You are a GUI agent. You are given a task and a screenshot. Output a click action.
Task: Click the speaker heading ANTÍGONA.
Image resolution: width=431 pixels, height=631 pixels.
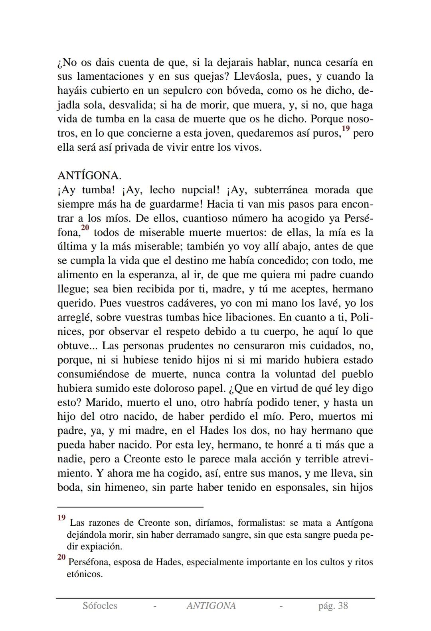[x=89, y=176]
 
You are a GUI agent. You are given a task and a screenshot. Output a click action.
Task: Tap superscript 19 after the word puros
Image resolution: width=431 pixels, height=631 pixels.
[x=346, y=128]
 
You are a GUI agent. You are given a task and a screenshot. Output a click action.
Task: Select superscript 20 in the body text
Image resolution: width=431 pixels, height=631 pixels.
[x=85, y=228]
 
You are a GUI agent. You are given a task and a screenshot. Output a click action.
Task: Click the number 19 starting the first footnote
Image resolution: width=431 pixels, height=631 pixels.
[x=61, y=518]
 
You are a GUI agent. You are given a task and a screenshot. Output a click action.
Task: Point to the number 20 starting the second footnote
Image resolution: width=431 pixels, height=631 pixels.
[x=61, y=557]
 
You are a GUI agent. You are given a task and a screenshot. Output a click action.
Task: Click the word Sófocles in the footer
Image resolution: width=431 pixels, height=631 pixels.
[x=100, y=606]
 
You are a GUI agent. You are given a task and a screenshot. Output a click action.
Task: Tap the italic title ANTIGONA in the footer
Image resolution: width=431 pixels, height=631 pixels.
[x=211, y=606]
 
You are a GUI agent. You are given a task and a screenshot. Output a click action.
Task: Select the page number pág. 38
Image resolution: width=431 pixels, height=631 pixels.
[x=333, y=606]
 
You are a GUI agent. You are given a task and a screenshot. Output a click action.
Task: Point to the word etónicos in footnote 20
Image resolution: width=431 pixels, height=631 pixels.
[x=84, y=574]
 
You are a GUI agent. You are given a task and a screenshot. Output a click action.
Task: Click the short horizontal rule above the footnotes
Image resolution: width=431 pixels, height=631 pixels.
[x=130, y=507]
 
